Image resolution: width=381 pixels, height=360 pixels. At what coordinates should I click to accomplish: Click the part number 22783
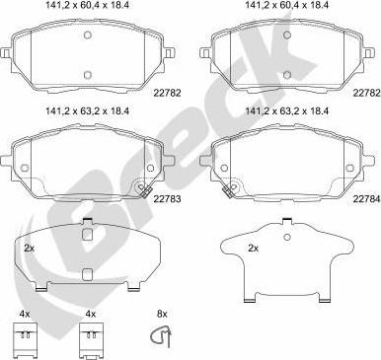coord(167,198)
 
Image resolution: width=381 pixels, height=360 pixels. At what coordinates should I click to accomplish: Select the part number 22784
coord(366,198)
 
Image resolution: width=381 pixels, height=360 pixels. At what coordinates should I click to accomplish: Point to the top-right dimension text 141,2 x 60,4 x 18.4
coord(288,5)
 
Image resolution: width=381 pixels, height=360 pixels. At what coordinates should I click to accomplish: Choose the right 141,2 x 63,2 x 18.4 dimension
coord(288,111)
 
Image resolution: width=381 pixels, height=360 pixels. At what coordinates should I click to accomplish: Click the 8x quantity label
coord(162,314)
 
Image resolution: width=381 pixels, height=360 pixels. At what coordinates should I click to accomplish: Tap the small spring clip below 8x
coord(161,337)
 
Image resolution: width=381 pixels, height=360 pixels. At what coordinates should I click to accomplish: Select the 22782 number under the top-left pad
coord(167,93)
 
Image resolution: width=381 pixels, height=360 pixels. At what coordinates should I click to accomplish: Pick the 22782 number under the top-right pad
coord(366,93)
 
